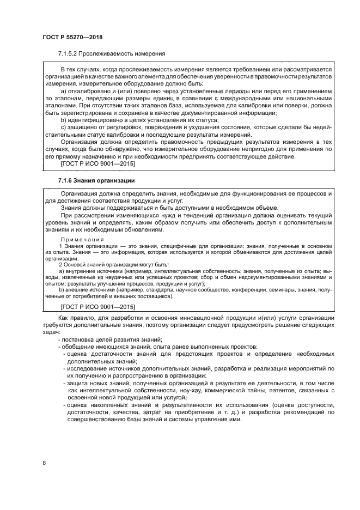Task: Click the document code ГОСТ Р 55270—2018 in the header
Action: (72, 37)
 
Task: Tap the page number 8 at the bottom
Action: (44, 464)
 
